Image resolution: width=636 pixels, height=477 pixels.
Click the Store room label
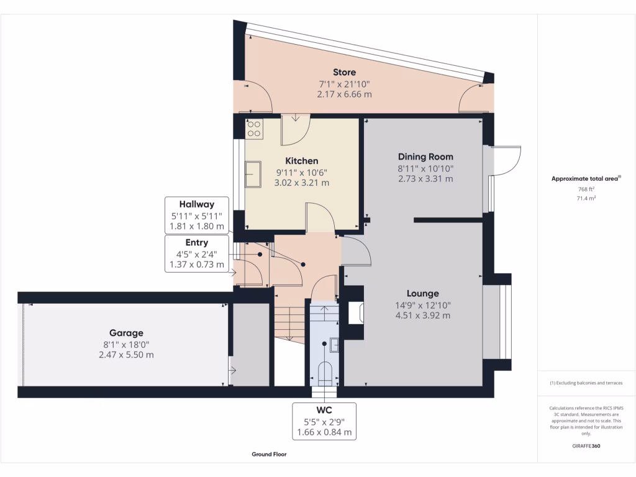click(344, 73)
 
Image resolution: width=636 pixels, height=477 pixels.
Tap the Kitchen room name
click(301, 161)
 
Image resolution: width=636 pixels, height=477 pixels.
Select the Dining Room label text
click(425, 157)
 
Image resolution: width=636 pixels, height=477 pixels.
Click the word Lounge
click(422, 293)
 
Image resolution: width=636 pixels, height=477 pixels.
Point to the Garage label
click(127, 333)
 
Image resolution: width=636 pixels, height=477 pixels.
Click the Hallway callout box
click(196, 215)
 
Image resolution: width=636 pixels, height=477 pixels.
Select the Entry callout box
click(196, 253)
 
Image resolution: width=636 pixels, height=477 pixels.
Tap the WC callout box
click(324, 421)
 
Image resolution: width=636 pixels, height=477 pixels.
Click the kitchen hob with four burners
click(255, 129)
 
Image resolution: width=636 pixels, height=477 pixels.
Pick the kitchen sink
click(253, 173)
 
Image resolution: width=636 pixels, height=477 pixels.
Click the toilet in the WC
click(325, 373)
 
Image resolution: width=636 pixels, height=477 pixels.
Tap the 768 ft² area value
click(587, 189)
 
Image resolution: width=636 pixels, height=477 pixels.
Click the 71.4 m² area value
click(587, 198)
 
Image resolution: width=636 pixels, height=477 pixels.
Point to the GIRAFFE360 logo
click(587, 446)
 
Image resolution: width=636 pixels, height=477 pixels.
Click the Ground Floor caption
click(269, 454)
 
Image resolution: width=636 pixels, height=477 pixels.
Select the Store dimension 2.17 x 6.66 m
click(344, 94)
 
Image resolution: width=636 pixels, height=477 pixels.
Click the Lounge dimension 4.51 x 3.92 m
click(422, 316)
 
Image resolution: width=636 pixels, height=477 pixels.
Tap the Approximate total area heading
click(586, 179)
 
